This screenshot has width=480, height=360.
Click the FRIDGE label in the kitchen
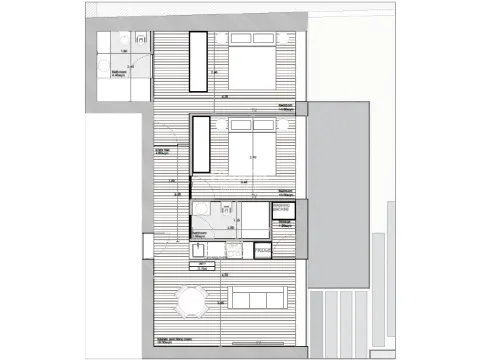263,250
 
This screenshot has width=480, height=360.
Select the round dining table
190,299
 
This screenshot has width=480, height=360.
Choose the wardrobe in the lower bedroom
199,144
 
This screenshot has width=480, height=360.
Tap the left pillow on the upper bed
242,38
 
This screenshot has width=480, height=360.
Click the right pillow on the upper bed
265,38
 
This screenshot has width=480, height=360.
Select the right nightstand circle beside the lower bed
286,124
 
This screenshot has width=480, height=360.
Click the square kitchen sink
197,251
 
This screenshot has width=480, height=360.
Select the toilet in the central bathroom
226,209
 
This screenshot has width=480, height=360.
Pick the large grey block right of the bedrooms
340,190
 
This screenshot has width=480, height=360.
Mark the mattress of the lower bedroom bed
253,158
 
